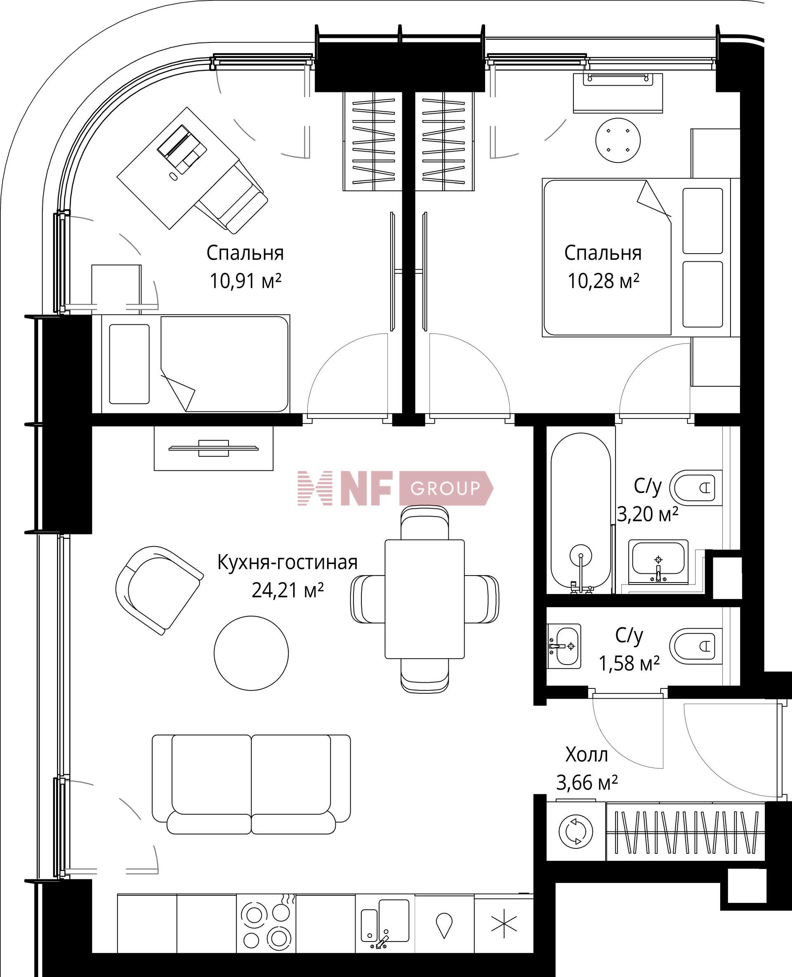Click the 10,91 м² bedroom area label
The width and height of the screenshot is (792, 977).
tap(245, 281)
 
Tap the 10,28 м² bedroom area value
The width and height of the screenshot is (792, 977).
tap(603, 281)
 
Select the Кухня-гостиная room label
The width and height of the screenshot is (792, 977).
tap(287, 563)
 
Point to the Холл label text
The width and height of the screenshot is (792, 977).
tap(586, 755)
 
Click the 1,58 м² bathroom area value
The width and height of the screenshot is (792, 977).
tap(629, 664)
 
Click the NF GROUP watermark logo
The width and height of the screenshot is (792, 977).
tap(395, 488)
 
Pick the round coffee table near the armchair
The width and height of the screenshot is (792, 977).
tap(251, 653)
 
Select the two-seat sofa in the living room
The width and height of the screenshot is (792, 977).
tap(251, 784)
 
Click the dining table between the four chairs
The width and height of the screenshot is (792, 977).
tap(424, 599)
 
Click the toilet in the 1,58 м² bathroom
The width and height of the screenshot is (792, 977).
tap(696, 646)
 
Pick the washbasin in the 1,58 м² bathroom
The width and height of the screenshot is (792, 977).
tap(564, 646)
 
